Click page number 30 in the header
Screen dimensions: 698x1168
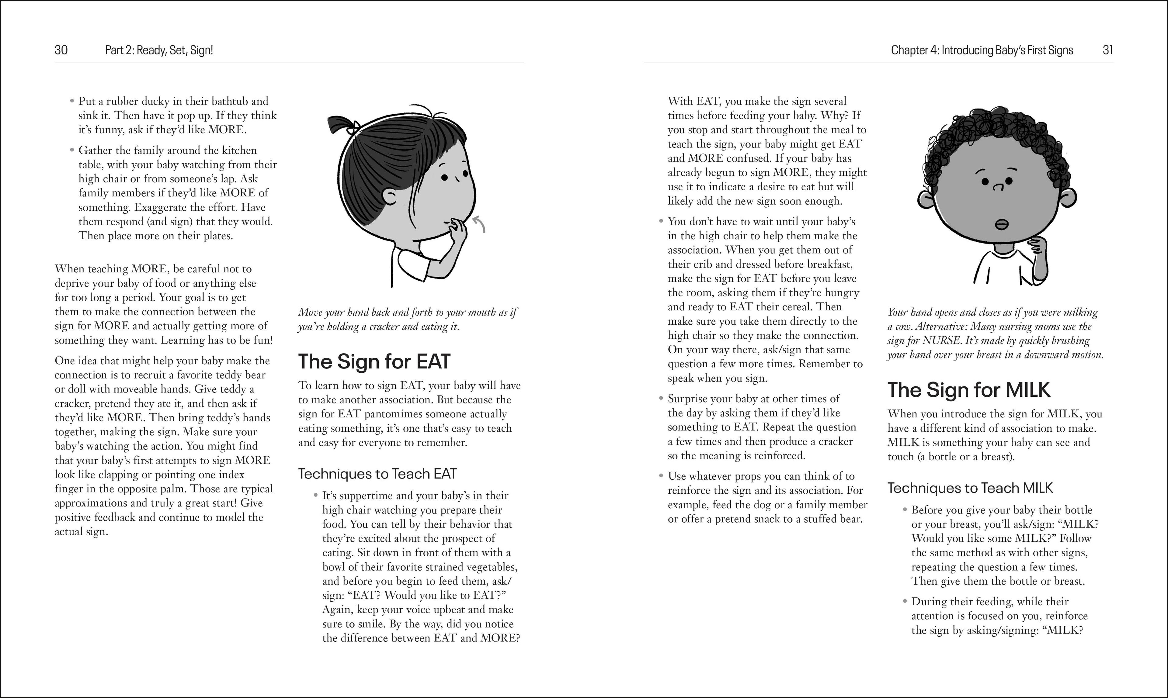coord(61,50)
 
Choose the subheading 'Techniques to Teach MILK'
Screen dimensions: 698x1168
coord(970,488)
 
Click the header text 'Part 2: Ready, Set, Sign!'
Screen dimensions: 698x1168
coord(159,50)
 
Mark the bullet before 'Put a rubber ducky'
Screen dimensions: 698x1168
coord(72,101)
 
